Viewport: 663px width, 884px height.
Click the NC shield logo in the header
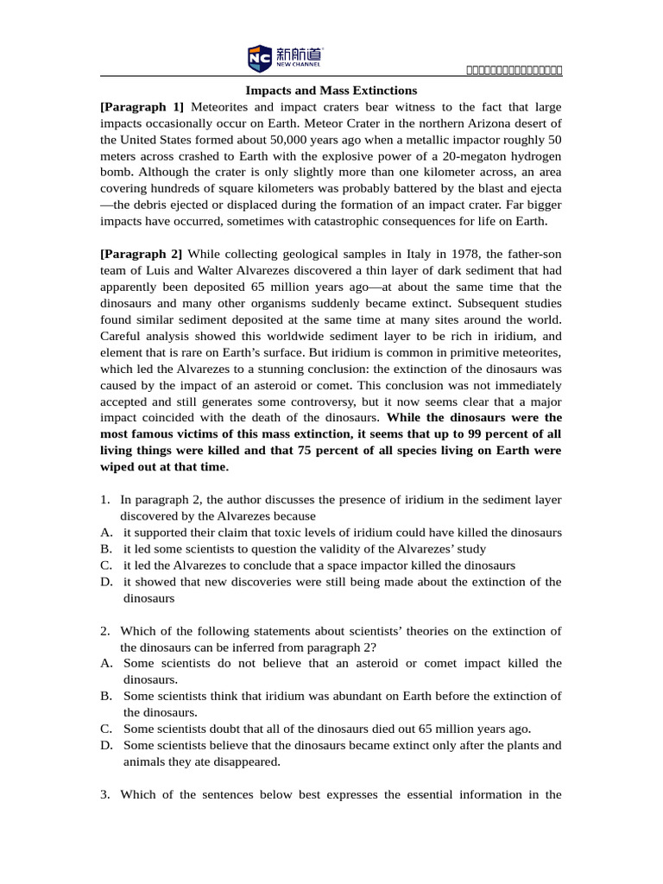click(x=259, y=59)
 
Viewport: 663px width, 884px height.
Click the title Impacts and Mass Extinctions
click(x=331, y=91)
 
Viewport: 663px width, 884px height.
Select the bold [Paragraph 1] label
click(x=142, y=107)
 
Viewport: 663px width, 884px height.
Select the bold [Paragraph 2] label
click(x=142, y=254)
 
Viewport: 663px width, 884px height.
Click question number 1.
click(x=104, y=500)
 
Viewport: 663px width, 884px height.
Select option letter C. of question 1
click(x=106, y=565)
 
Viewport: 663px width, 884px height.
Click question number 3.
click(x=104, y=794)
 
